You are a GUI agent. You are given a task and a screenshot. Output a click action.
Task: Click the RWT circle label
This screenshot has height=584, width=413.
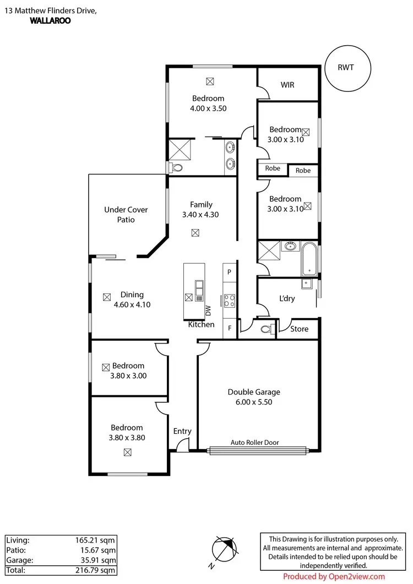346,68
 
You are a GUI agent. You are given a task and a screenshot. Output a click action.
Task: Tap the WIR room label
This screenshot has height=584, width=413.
287,85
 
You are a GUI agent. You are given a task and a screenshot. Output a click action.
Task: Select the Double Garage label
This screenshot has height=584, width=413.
254,392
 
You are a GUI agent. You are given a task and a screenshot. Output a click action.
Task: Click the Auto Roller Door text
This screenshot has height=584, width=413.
254,443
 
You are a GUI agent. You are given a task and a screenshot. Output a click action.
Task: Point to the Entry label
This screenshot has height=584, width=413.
182,431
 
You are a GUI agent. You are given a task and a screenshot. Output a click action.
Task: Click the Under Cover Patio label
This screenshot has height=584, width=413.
126,215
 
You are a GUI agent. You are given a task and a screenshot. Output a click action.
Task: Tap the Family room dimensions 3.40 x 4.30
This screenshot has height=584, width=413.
200,215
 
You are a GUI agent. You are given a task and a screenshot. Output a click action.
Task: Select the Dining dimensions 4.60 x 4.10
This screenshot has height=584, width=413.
132,304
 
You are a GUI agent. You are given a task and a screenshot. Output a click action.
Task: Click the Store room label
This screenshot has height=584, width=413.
299,329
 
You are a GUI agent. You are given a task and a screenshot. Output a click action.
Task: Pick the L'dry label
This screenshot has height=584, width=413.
287,298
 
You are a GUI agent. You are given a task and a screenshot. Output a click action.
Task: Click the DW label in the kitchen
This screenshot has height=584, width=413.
208,310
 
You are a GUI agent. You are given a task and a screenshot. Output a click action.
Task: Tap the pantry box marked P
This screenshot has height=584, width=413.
229,272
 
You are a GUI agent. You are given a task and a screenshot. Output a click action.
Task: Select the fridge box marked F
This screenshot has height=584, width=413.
229,329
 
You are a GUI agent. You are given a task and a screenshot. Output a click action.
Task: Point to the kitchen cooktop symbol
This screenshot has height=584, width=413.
229,301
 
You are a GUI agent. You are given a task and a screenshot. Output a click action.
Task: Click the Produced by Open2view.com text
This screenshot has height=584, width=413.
334,576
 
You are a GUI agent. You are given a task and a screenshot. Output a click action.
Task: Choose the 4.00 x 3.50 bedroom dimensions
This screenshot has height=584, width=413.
208,108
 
